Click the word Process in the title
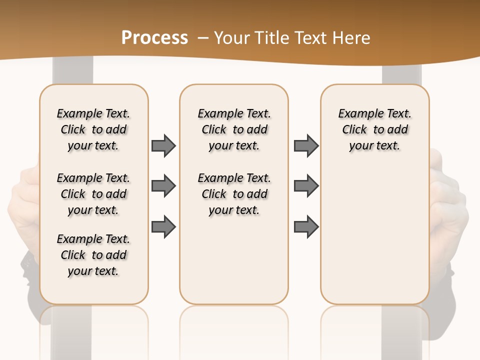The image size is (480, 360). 154,37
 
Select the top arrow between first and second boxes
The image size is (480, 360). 163,145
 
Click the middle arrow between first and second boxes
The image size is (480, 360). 163,186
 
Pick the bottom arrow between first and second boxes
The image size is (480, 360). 163,227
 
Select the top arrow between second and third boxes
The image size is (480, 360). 306,145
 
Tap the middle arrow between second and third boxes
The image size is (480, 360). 306,186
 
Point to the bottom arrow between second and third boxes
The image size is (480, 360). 306,227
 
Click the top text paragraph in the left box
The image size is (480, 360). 93,129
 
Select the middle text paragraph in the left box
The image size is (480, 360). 93,194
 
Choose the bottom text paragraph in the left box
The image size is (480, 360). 93,255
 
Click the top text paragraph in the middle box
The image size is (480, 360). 234,129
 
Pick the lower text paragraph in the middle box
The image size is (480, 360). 234,194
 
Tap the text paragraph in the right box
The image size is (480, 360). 375,129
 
